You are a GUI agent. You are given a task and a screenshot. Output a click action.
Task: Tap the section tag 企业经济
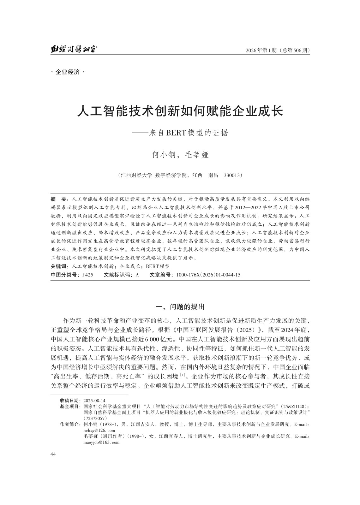tap(68, 72)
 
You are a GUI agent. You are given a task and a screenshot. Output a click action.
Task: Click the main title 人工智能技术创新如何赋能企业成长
tap(180, 111)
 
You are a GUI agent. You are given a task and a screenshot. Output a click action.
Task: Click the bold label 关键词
tap(60, 266)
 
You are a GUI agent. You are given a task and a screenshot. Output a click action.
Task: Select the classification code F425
tap(87, 275)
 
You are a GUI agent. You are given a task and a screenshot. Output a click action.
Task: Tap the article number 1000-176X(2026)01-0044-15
tap(208, 275)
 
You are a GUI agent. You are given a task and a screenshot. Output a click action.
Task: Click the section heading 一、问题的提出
tap(180, 306)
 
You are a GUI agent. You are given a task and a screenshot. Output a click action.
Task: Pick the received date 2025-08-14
tap(94, 400)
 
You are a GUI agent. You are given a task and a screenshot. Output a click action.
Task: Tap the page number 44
tap(53, 454)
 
